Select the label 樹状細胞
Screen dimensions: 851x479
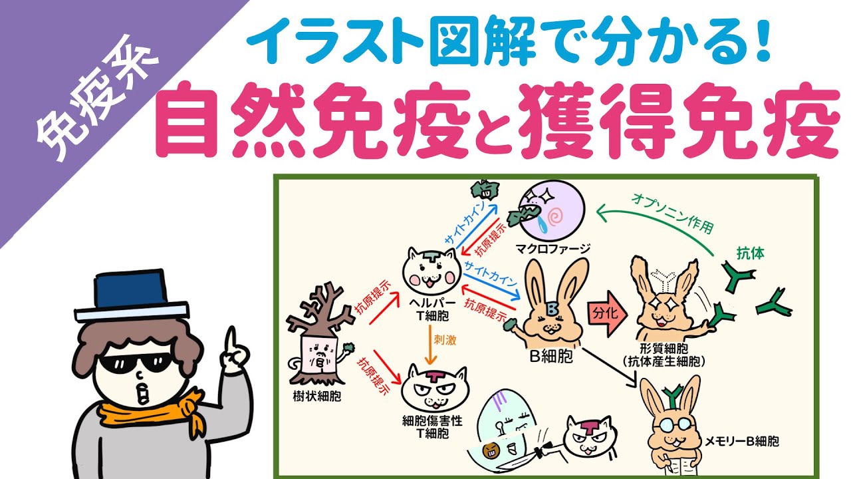pyautogui.click(x=317, y=397)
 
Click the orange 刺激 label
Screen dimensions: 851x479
pyautogui.click(x=445, y=340)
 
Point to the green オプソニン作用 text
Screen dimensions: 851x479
pyautogui.click(x=672, y=213)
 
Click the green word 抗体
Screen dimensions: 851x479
pyautogui.click(x=751, y=253)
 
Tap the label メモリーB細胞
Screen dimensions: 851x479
pyautogui.click(x=741, y=441)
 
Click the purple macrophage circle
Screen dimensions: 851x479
pyautogui.click(x=552, y=211)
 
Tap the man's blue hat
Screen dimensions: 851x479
pyautogui.click(x=131, y=296)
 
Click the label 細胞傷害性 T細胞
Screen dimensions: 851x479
pyautogui.click(x=432, y=427)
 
